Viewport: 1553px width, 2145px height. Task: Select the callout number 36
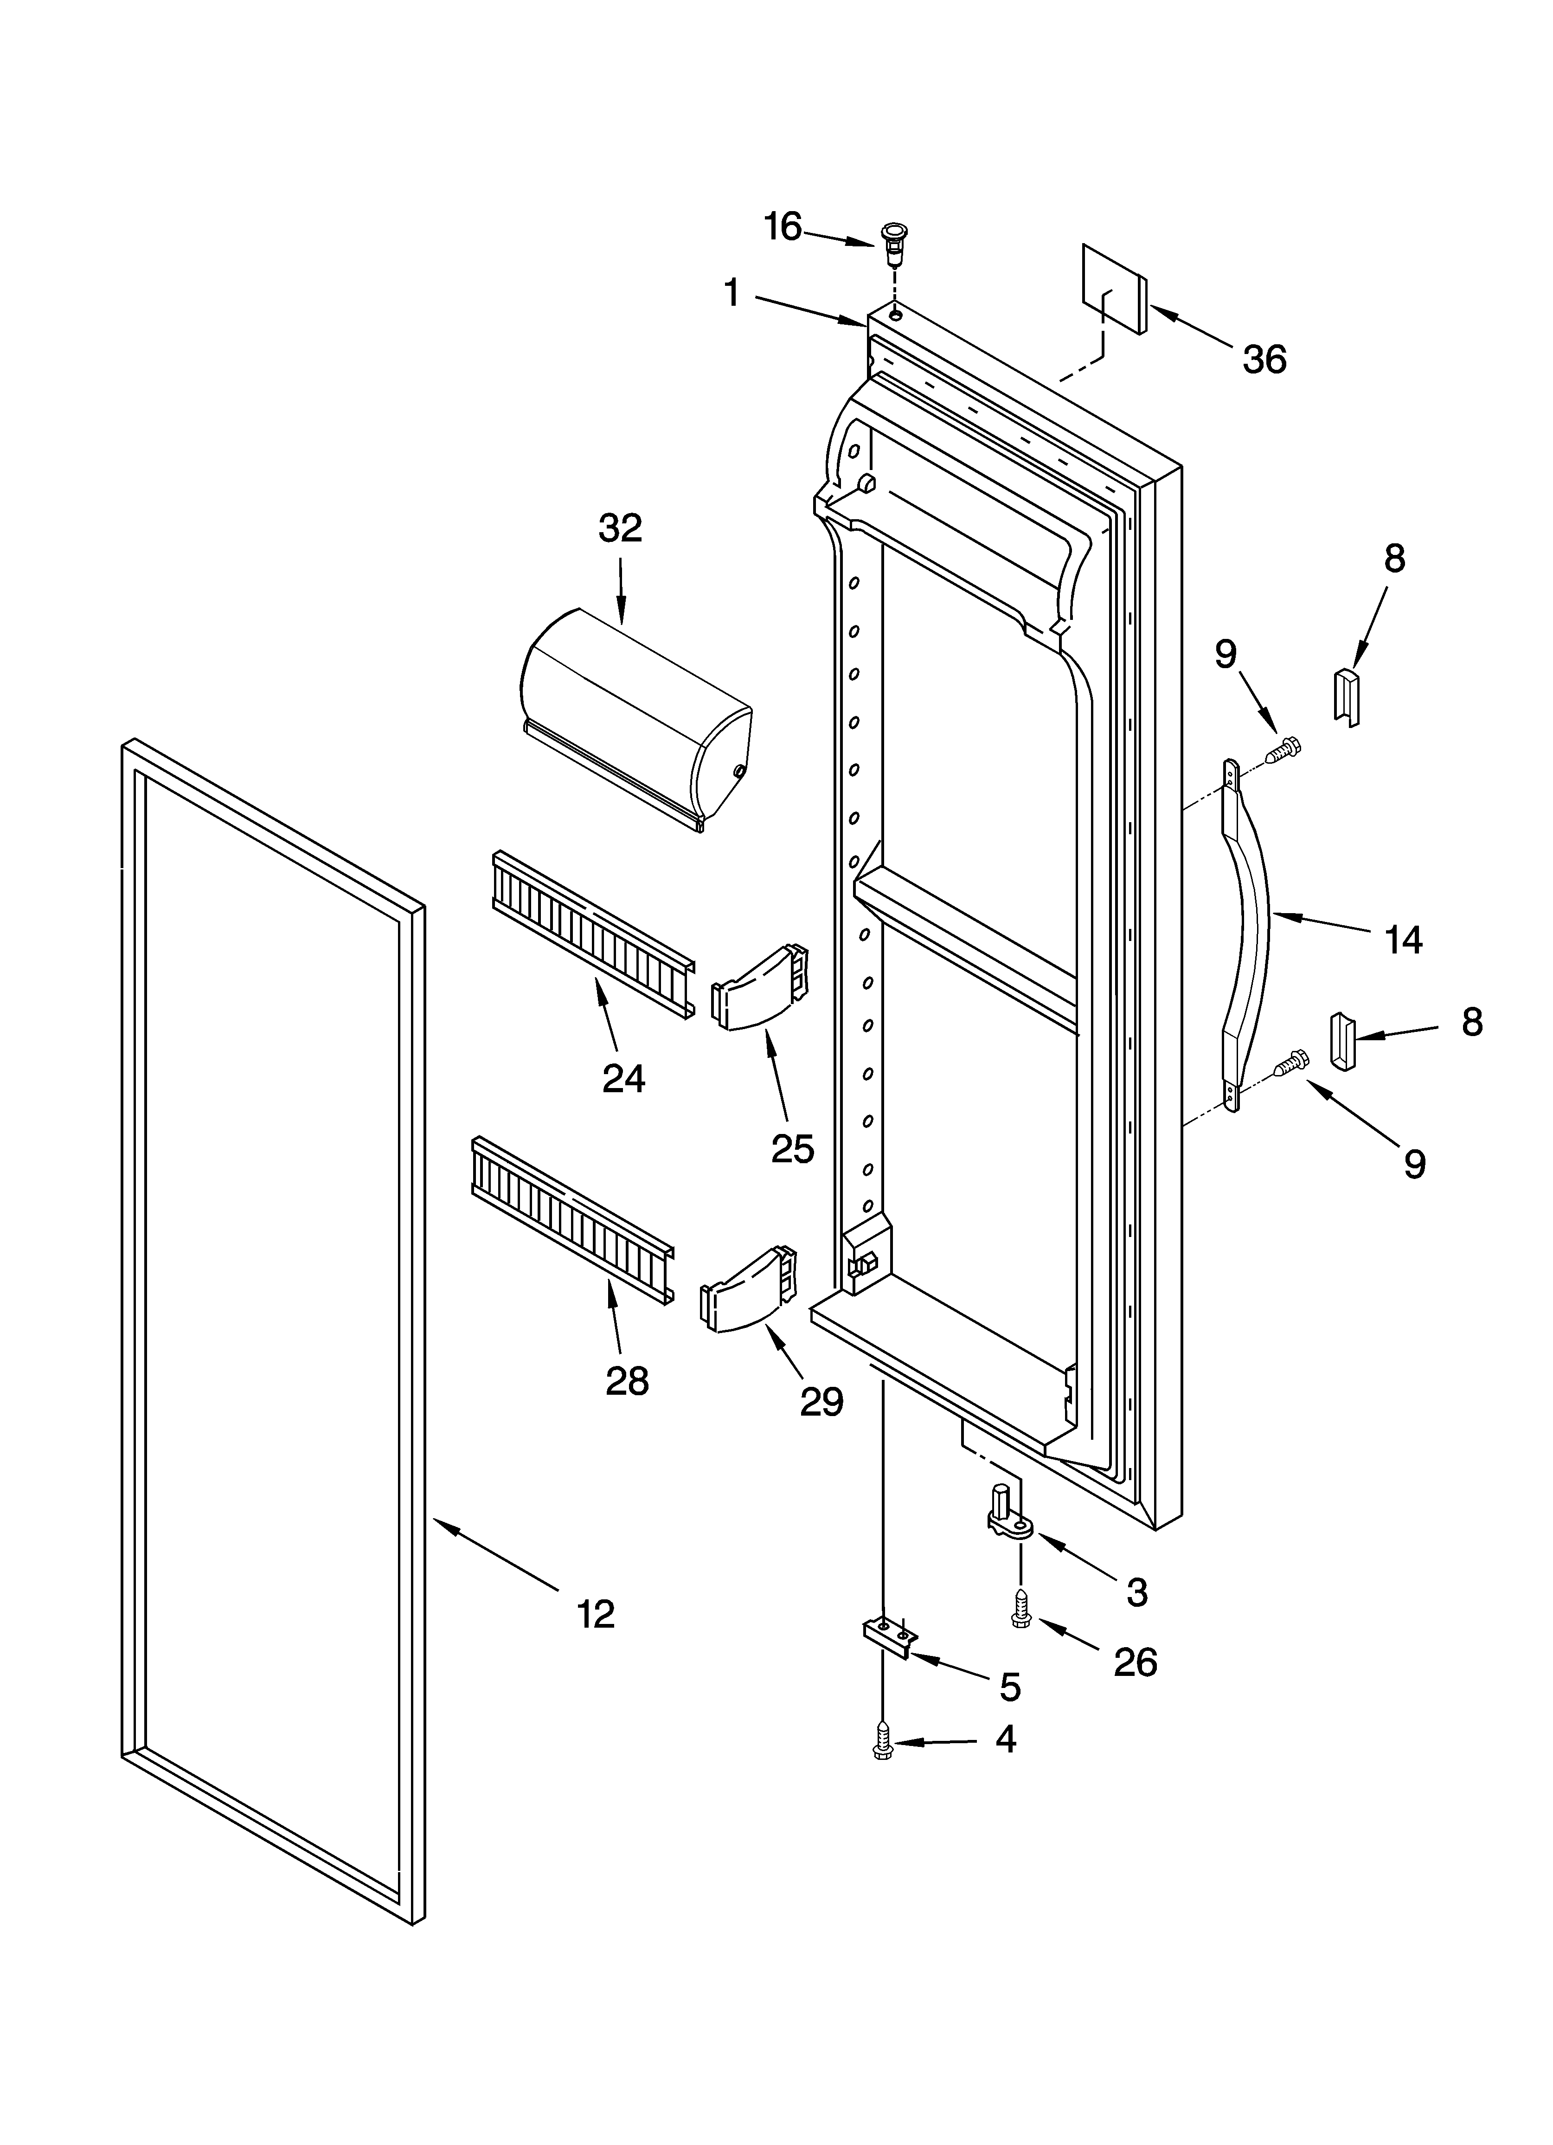point(1264,361)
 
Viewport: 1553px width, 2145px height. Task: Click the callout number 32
point(621,528)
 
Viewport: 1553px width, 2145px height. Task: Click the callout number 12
point(596,1613)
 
